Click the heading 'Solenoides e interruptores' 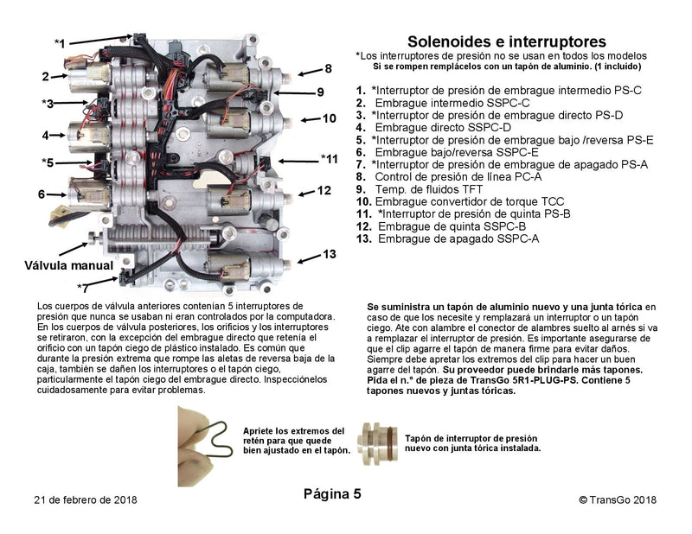pos(506,41)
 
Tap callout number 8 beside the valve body pos(328,68)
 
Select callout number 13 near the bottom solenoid pos(329,254)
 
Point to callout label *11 pos(329,158)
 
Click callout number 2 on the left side pos(45,76)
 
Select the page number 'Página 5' pos(332,494)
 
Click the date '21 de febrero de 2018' pos(86,499)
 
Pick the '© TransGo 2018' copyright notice pos(618,499)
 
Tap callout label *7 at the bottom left pos(81,287)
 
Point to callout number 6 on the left pos(41,194)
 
